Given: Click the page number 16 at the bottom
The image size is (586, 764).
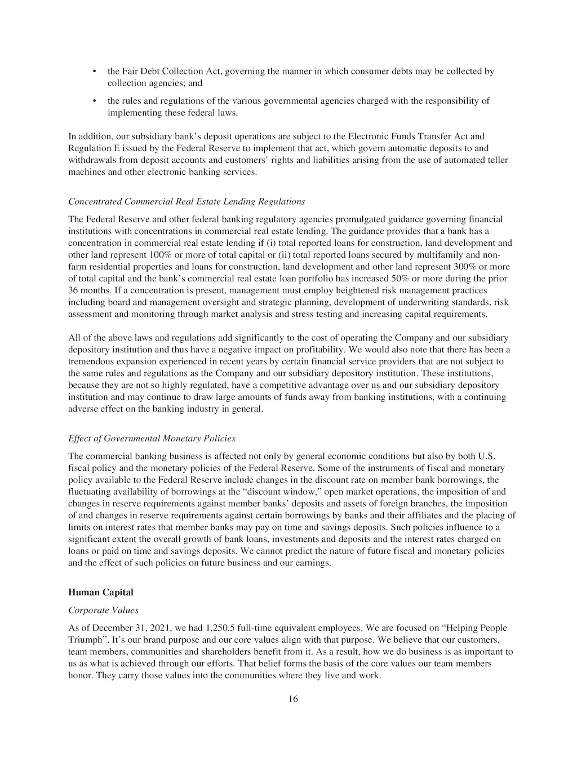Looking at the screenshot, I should pyautogui.click(x=293, y=699).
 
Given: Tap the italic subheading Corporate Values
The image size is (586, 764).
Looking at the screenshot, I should pyautogui.click(x=103, y=610).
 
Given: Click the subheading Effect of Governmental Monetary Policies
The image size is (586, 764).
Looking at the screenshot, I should pyautogui.click(x=152, y=438).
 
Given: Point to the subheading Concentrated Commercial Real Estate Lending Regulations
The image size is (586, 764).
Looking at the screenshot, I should pyautogui.click(x=187, y=201).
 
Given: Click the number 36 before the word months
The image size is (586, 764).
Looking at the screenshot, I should pyautogui.click(x=73, y=290).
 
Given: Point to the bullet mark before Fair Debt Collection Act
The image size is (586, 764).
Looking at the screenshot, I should pyautogui.click(x=94, y=72).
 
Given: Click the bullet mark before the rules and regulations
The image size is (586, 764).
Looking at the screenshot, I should pyautogui.click(x=94, y=101).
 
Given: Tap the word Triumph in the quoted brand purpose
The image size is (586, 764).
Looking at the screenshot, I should pyautogui.click(x=83, y=640).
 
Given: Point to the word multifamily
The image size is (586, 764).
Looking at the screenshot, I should pyautogui.click(x=439, y=254).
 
